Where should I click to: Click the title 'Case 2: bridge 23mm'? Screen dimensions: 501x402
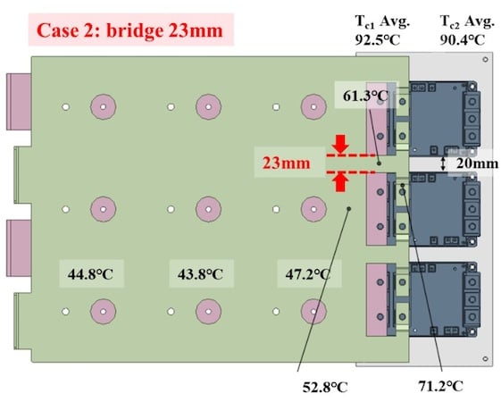click(129, 30)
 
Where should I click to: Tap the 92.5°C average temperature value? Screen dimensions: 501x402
click(378, 40)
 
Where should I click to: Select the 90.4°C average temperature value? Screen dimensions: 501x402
click(463, 40)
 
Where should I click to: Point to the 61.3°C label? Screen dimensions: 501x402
click(366, 96)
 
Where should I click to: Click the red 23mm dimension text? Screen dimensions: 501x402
click(287, 163)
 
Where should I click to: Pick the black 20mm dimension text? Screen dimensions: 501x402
click(477, 163)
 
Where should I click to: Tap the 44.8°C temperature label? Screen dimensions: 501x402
click(90, 274)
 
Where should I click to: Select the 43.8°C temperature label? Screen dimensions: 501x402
click(200, 274)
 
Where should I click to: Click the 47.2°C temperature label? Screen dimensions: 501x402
click(308, 274)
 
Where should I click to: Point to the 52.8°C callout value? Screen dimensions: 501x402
click(325, 388)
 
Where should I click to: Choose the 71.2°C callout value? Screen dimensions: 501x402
click(440, 386)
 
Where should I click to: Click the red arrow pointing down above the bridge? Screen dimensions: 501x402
click(340, 144)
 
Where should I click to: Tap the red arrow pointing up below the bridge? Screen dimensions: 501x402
click(340, 182)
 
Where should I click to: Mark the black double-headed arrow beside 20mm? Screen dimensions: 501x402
click(443, 163)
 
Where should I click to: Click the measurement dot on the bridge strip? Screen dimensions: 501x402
click(380, 163)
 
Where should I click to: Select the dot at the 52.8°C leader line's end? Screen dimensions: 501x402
click(349, 209)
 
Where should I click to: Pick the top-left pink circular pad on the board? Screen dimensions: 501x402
click(103, 106)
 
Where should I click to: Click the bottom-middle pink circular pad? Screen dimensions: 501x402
click(208, 311)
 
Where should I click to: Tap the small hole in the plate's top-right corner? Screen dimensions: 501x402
click(485, 59)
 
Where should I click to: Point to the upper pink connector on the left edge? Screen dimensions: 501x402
click(19, 102)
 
